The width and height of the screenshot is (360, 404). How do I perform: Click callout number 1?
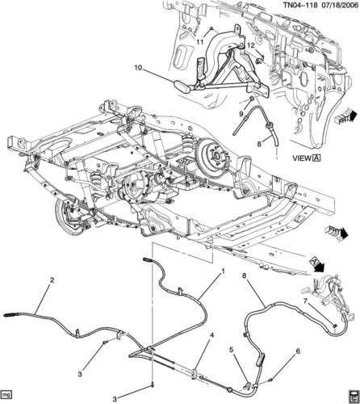[223, 271]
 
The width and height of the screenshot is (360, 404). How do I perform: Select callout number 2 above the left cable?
[52, 280]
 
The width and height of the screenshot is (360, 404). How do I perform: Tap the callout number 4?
[212, 335]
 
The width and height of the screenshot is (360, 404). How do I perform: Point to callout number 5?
[232, 350]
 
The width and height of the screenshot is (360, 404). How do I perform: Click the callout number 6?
[298, 351]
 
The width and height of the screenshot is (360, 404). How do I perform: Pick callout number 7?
[305, 301]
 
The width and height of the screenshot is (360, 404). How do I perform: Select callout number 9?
[241, 114]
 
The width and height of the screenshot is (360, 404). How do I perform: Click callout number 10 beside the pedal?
[138, 68]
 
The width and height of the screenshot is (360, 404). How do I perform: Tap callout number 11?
[199, 42]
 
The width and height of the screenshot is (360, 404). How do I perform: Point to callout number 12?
[251, 46]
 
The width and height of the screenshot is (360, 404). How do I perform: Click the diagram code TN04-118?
[300, 5]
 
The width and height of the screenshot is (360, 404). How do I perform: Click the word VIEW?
[301, 158]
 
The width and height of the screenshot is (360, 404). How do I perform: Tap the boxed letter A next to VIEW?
[316, 158]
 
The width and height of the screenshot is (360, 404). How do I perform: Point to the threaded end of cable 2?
[10, 314]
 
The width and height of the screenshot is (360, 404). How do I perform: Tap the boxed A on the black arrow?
[313, 261]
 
